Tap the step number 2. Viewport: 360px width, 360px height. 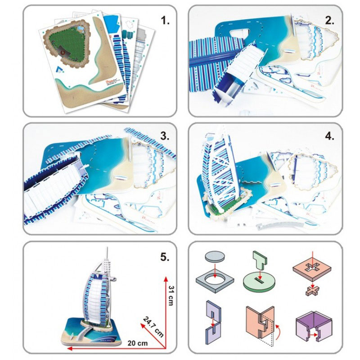330,20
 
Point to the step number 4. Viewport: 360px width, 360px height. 330,136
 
